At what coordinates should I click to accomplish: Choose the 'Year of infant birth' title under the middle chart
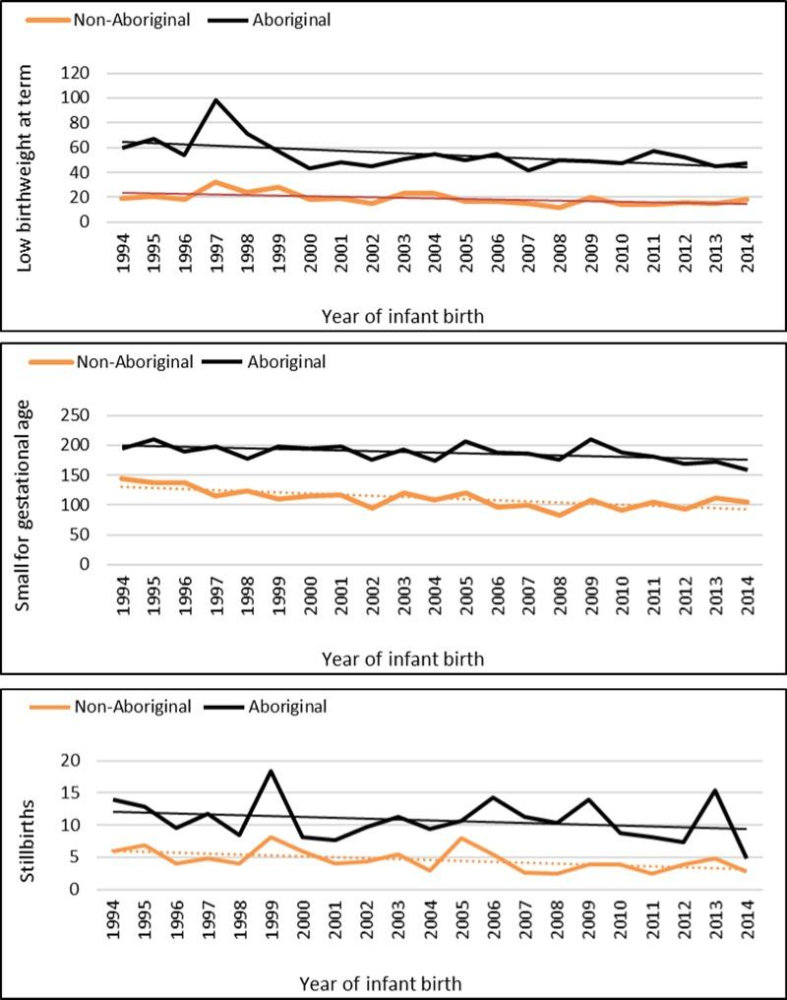(x=403, y=657)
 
